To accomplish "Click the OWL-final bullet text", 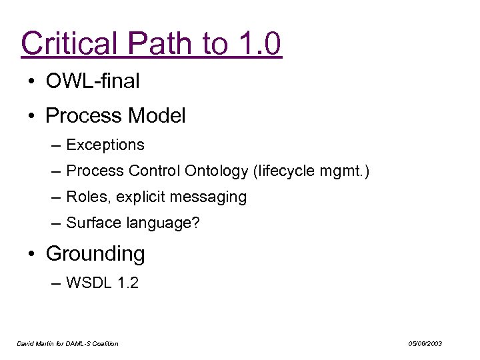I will pyautogui.click(x=93, y=81).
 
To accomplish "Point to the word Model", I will pyautogui.click(x=156, y=116).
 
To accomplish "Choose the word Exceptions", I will pyautogui.click(x=105, y=145).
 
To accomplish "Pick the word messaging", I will pyautogui.click(x=212, y=197).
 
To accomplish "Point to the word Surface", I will pyautogui.click(x=91, y=223).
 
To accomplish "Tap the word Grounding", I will pyautogui.click(x=95, y=254).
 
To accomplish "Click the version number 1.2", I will pyautogui.click(x=127, y=283).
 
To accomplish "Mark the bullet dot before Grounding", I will pyautogui.click(x=32, y=254).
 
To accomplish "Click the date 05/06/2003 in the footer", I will pyautogui.click(x=425, y=343).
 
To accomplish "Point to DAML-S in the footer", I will pyautogui.click(x=80, y=343).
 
